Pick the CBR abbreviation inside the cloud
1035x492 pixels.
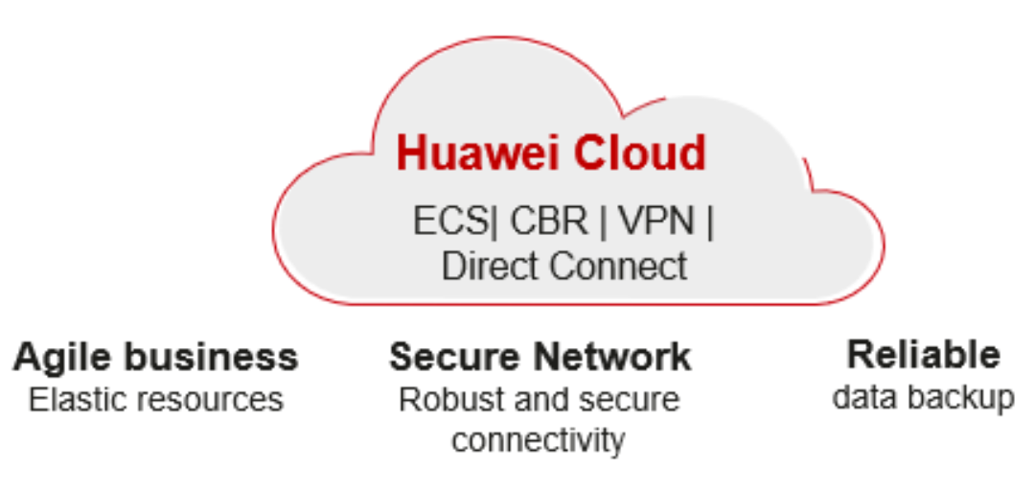pyautogui.click(x=548, y=222)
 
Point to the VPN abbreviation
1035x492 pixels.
pyautogui.click(x=655, y=222)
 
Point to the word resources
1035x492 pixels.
pyautogui.click(x=212, y=399)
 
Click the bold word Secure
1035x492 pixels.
pyautogui.click(x=452, y=357)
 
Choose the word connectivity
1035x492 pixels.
pyautogui.click(x=539, y=441)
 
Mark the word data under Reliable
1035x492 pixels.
pyautogui.click(x=865, y=396)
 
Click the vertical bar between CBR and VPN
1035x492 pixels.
pyautogui.click(x=603, y=223)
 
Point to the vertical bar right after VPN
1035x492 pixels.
pyautogui.click(x=709, y=223)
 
